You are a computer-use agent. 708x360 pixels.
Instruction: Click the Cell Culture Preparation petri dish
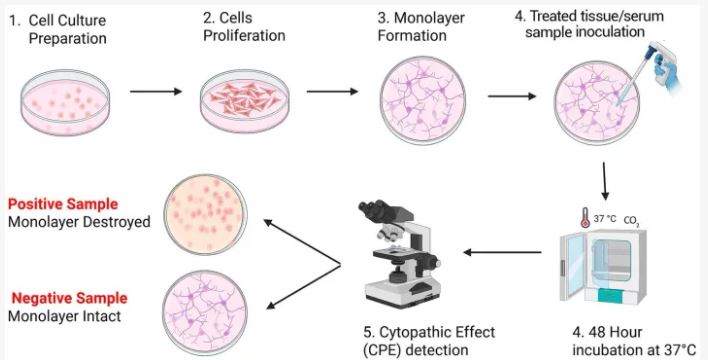coord(65,102)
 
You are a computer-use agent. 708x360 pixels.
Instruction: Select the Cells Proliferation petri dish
coord(244,100)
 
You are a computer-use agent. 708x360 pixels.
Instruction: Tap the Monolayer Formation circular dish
coord(422,100)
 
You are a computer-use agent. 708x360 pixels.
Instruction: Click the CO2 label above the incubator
coord(631,221)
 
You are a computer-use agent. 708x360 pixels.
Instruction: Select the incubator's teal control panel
coord(616,295)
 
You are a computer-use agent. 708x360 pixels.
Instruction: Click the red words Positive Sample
coord(63,204)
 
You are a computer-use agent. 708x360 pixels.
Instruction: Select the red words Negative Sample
coord(69,298)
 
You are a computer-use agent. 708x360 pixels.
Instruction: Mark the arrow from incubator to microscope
coord(503,252)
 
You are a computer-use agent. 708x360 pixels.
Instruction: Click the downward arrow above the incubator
coord(605,181)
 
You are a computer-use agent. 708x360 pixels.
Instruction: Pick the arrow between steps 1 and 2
coord(156,92)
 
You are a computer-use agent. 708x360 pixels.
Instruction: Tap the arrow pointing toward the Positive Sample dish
coord(302,242)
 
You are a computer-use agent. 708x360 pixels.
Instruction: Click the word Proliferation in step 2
coord(244,36)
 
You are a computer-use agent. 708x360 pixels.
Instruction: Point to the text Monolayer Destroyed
coord(79,222)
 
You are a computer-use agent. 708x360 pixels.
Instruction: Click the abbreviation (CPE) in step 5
coord(387,350)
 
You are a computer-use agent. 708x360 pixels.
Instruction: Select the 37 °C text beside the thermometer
coord(605,219)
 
